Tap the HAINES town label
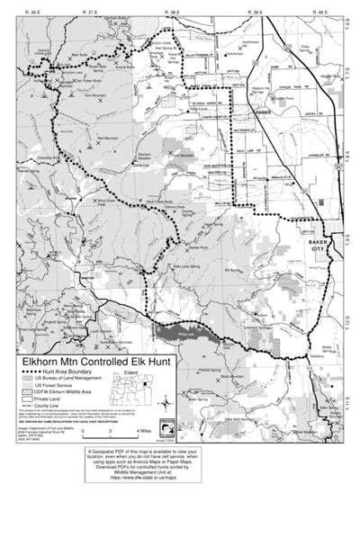coord(262,112)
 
